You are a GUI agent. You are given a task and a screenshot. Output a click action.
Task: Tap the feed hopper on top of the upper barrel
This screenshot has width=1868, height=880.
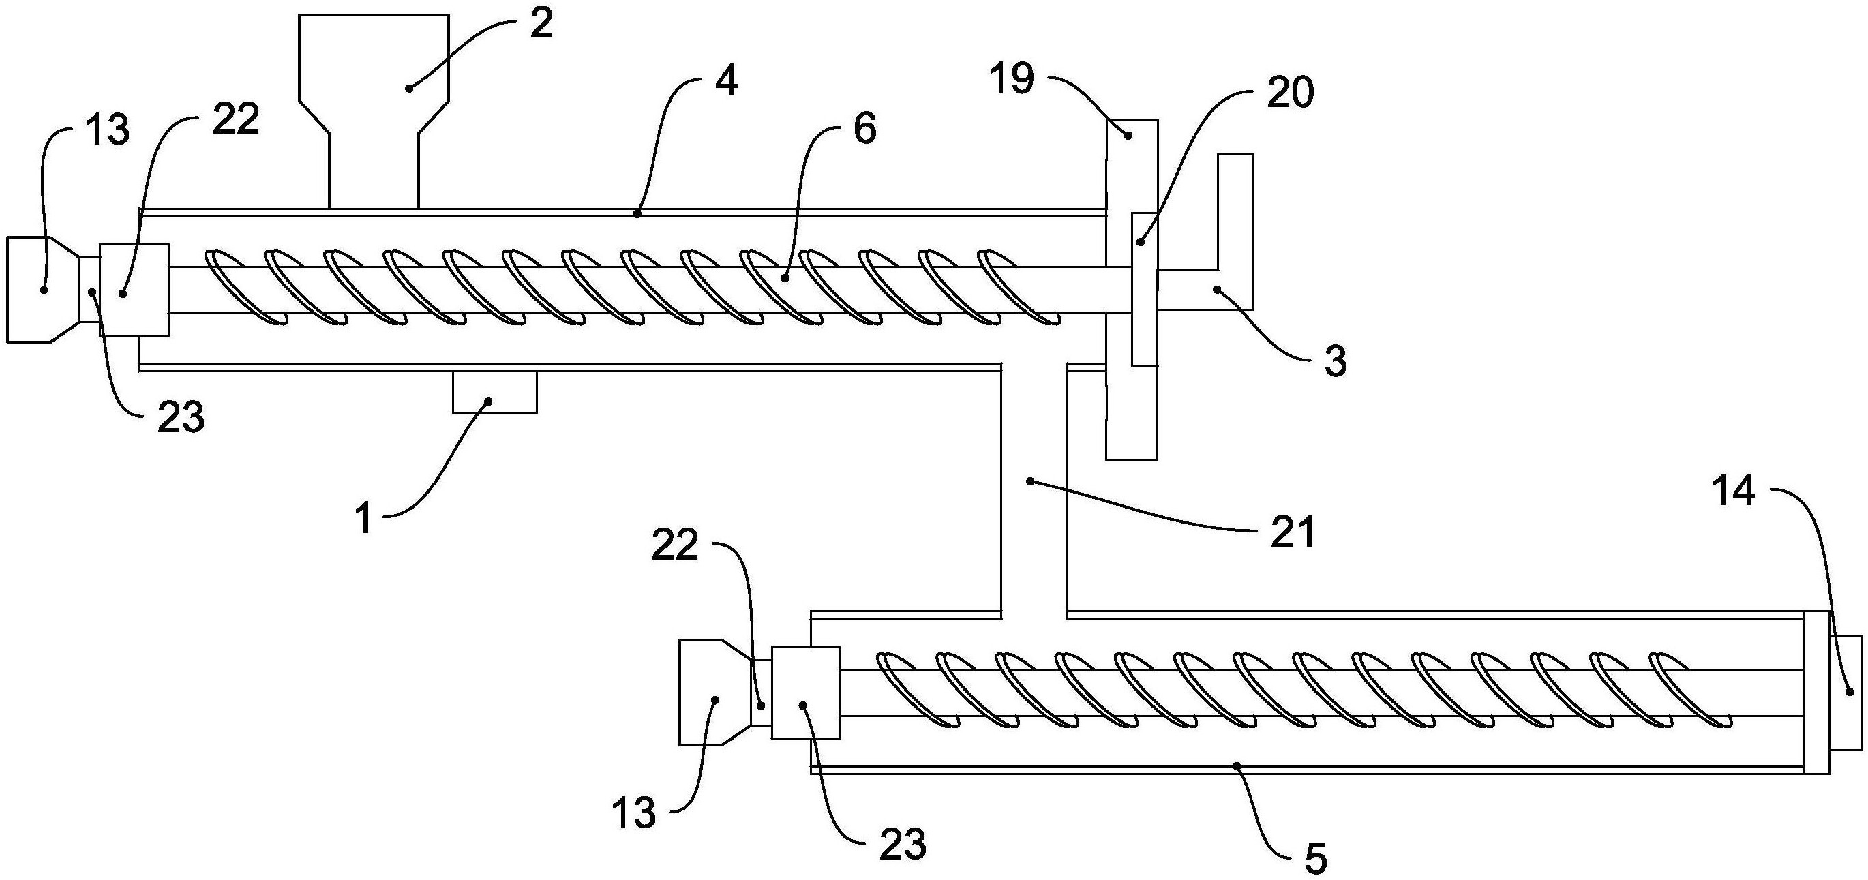point(374,87)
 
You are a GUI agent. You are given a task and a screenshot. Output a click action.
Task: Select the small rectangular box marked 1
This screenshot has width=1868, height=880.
point(494,392)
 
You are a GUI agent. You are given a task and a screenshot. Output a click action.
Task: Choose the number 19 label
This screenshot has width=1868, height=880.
point(1014,80)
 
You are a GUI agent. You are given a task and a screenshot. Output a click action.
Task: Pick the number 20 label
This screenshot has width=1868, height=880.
point(1290,95)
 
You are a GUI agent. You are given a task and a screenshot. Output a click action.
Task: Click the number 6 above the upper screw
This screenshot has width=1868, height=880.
point(865,129)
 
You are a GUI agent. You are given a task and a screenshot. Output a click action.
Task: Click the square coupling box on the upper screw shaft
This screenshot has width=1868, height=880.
point(134,289)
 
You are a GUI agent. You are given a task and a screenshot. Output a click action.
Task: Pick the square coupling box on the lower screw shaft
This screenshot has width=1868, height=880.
point(806,692)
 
